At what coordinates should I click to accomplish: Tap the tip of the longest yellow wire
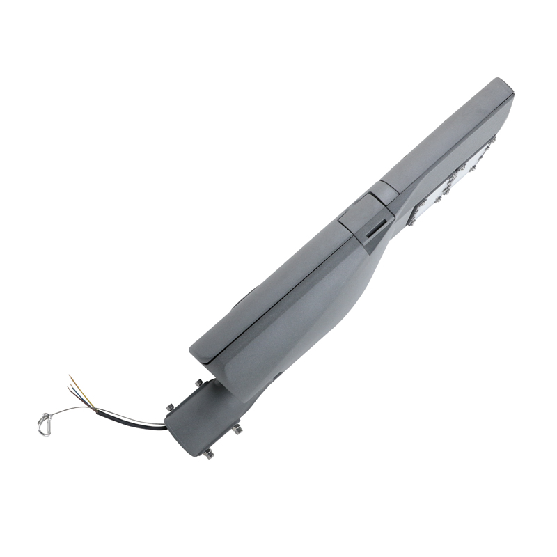69,377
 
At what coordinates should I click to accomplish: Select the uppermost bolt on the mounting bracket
198,382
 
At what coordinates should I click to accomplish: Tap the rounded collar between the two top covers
382,191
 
